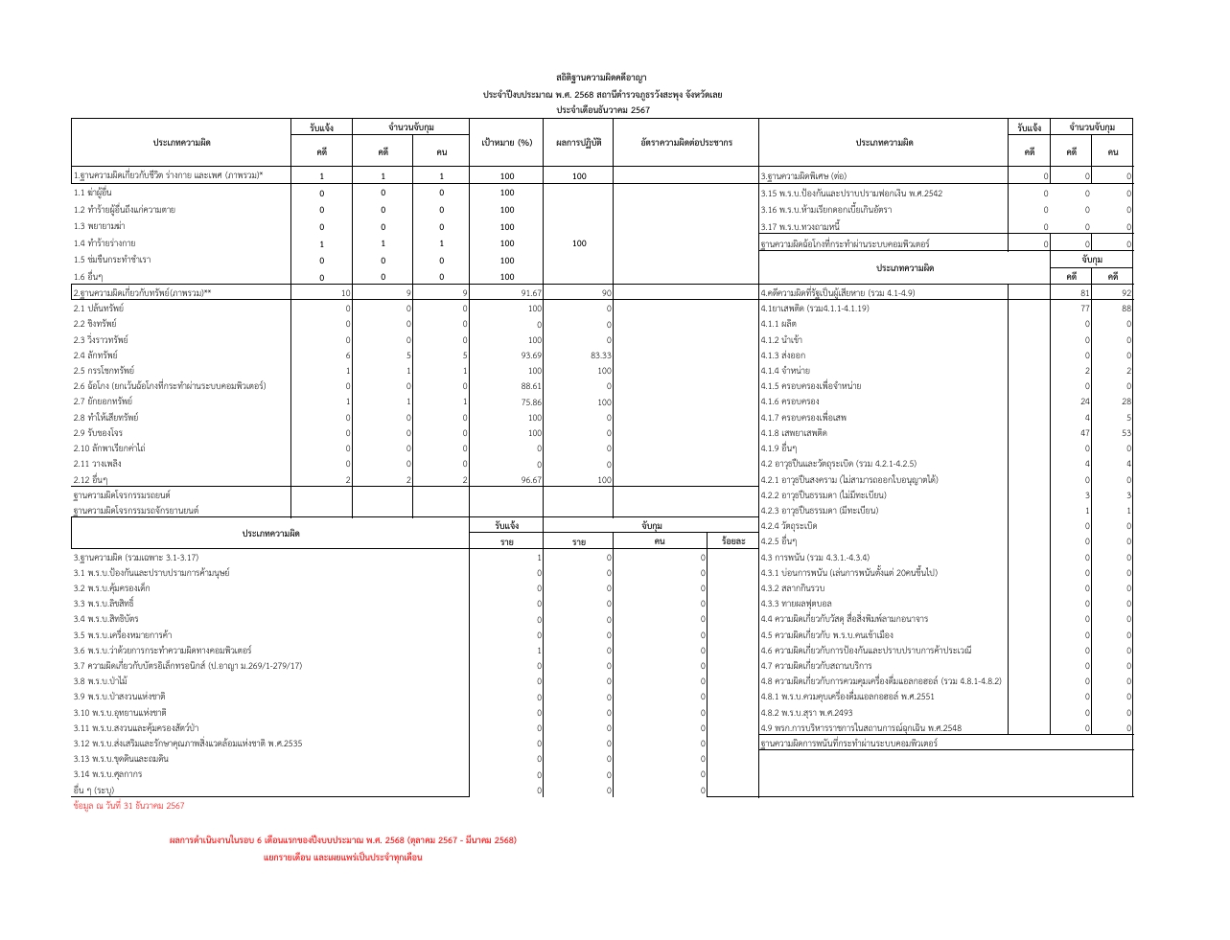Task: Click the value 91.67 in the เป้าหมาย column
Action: (x=531, y=293)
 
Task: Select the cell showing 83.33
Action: (x=599, y=355)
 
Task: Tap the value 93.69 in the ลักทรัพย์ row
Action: (x=531, y=355)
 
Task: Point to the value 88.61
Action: (x=531, y=386)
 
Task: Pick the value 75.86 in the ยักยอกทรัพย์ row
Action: (x=531, y=402)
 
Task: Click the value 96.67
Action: (x=531, y=480)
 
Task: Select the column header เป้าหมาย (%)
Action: (x=506, y=143)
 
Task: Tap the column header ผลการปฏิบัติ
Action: (x=578, y=143)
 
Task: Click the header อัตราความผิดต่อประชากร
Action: (x=685, y=143)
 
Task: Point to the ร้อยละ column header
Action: (x=732, y=542)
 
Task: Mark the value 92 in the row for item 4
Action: (x=1126, y=293)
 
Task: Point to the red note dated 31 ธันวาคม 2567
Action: (x=128, y=806)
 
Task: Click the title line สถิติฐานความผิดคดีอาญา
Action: (x=602, y=77)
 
